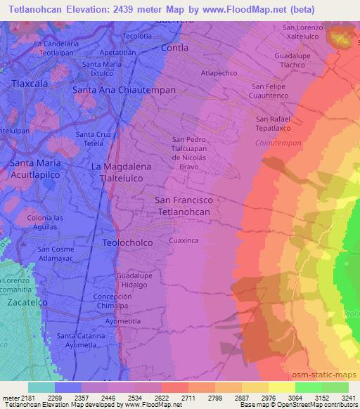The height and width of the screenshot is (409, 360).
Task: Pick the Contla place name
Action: (x=174, y=48)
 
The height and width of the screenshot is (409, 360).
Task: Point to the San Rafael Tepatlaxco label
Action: (x=277, y=124)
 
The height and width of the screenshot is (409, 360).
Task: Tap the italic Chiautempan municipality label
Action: (x=276, y=143)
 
